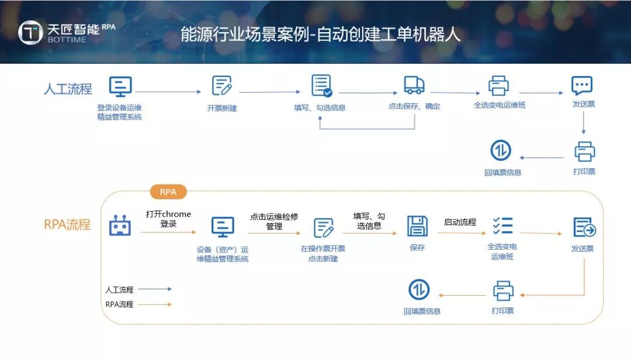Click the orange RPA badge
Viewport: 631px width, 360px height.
168,192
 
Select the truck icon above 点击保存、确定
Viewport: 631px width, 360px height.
414,85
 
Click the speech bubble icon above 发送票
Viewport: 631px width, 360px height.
582,85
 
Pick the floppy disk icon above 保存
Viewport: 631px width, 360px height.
417,226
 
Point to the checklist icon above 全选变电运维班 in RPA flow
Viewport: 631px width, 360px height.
502,226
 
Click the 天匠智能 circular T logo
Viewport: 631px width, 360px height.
30,32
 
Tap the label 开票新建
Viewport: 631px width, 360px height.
222,108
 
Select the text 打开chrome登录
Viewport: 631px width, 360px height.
168,219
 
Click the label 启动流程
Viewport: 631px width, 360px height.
460,222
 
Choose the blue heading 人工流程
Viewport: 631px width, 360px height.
68,89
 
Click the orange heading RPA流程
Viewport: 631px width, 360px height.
67,224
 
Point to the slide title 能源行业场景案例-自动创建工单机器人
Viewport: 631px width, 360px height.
320,34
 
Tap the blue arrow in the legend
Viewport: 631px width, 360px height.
155,289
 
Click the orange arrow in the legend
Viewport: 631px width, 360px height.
155,304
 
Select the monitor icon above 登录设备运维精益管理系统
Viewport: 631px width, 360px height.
120,86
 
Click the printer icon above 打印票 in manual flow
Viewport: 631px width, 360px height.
584,151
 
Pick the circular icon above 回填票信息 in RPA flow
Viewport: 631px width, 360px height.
419,289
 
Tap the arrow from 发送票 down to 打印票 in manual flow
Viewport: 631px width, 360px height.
584,122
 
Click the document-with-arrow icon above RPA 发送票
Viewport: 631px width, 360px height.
584,227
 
